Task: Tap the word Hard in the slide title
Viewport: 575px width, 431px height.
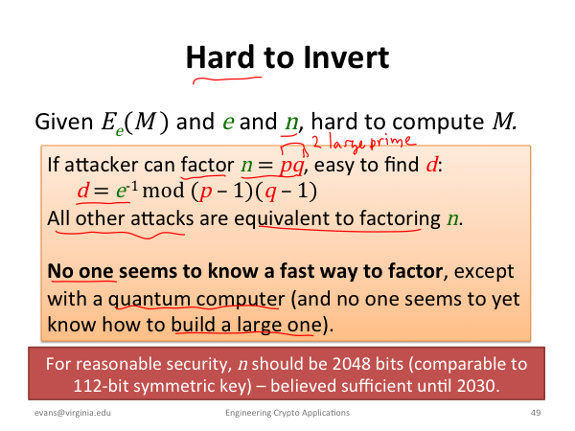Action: click(220, 57)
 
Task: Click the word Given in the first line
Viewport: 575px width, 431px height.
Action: click(64, 122)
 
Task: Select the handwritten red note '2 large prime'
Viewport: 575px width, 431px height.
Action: click(364, 142)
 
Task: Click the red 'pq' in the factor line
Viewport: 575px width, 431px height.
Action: click(292, 166)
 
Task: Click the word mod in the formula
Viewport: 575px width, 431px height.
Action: click(163, 191)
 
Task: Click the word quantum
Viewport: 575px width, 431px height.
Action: click(148, 299)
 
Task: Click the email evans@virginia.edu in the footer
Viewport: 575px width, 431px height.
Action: click(73, 413)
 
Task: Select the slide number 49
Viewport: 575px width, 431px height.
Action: click(536, 413)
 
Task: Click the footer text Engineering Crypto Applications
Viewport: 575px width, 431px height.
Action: click(287, 413)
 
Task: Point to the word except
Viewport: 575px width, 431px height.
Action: click(484, 272)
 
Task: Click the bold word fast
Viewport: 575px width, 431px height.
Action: click(295, 271)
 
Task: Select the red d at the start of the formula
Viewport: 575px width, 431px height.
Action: click(82, 191)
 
